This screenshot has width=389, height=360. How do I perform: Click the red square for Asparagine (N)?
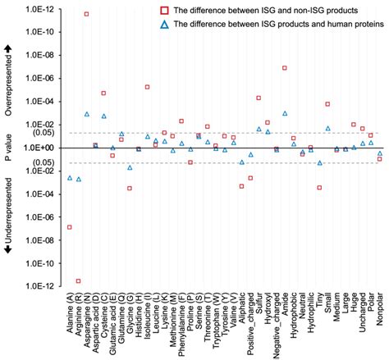coord(87,15)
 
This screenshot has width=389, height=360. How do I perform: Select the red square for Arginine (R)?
coord(78,281)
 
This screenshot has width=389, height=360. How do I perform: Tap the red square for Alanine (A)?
coord(70,227)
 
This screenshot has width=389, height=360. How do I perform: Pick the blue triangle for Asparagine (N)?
coord(87,114)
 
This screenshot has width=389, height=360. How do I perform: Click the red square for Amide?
coord(285,68)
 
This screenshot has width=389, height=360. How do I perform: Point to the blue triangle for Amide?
coord(285,113)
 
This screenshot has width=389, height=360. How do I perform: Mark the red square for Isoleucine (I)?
coord(148,87)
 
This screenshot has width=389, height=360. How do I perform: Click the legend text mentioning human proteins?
coord(279,25)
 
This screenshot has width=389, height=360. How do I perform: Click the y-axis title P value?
coord(9,148)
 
